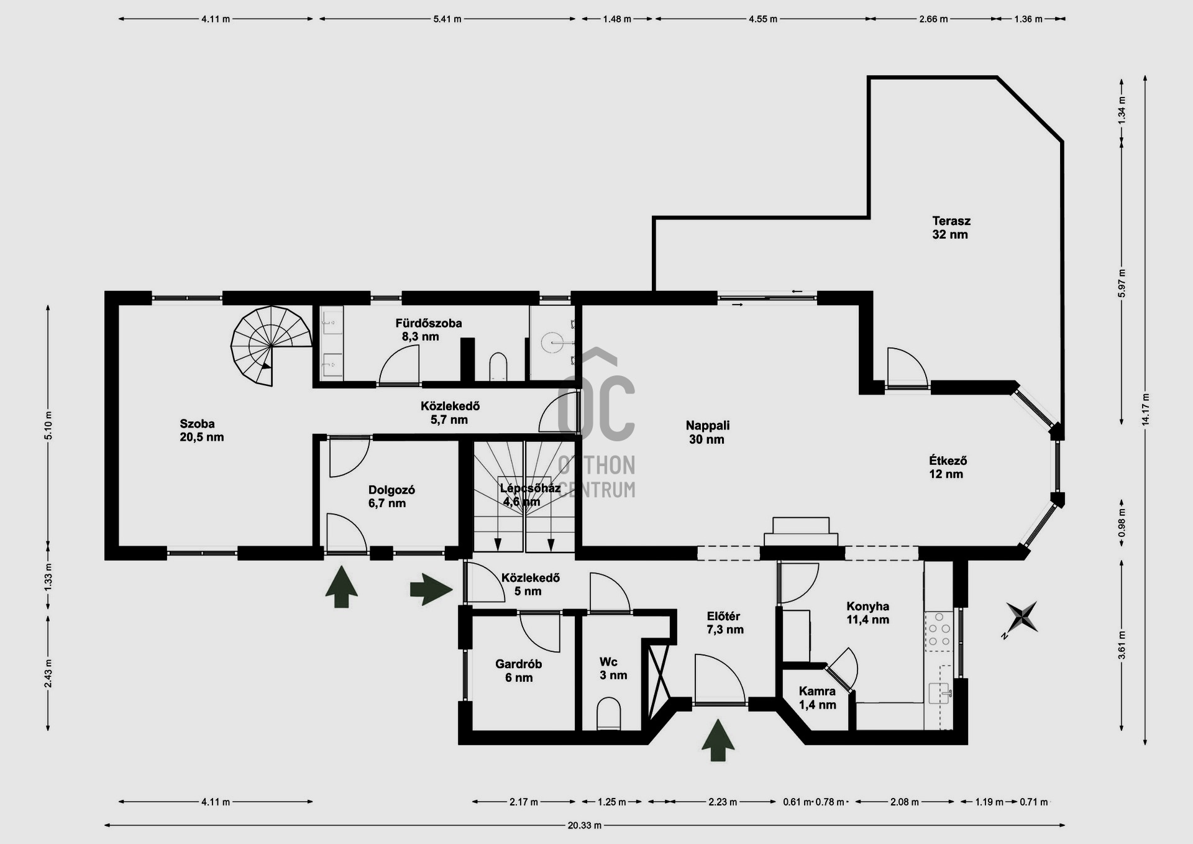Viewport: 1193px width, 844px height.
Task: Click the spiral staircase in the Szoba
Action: click(x=272, y=346)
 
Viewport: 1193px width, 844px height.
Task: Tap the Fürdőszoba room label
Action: click(x=429, y=323)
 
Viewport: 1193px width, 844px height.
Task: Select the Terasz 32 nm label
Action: click(x=951, y=227)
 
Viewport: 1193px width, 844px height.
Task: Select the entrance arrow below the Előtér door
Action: click(x=718, y=740)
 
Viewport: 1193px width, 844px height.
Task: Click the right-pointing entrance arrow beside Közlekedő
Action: click(x=432, y=589)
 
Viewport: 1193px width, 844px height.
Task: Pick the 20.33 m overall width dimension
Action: click(x=584, y=825)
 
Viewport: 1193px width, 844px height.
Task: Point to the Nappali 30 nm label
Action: click(x=708, y=433)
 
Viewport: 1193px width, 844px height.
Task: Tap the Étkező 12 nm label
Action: click(x=948, y=467)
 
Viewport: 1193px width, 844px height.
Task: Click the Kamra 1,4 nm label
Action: click(x=817, y=698)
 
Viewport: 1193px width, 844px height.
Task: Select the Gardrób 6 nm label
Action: click(x=519, y=671)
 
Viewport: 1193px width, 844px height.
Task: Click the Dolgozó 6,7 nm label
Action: click(x=391, y=497)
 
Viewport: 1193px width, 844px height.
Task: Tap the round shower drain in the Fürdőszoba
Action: click(x=551, y=342)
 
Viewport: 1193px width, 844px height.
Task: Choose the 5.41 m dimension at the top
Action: click(x=447, y=19)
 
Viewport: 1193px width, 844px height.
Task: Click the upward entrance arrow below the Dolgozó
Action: click(x=341, y=586)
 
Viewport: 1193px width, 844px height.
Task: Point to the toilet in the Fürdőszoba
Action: click(x=498, y=366)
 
